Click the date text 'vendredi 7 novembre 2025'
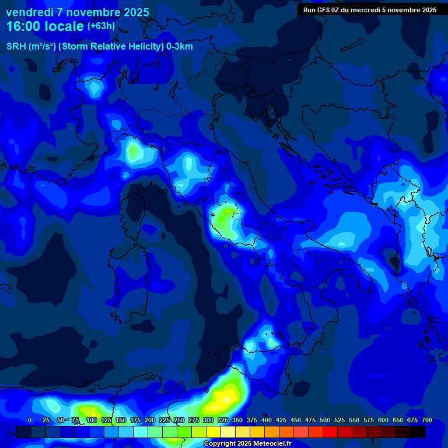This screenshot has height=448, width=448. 78,12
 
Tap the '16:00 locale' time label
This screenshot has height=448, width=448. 45,26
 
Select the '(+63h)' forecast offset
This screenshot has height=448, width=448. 101,26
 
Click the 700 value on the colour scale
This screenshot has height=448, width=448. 427,420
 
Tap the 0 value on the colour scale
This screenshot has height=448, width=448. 30,420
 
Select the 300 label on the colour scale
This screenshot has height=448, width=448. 208,420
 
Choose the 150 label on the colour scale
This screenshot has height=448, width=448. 121,420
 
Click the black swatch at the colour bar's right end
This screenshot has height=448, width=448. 418,432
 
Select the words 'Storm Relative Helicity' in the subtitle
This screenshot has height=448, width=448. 111,47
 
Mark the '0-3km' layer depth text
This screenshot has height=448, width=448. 180,47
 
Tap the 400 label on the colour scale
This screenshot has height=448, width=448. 267,420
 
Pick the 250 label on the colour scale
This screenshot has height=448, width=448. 179,420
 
